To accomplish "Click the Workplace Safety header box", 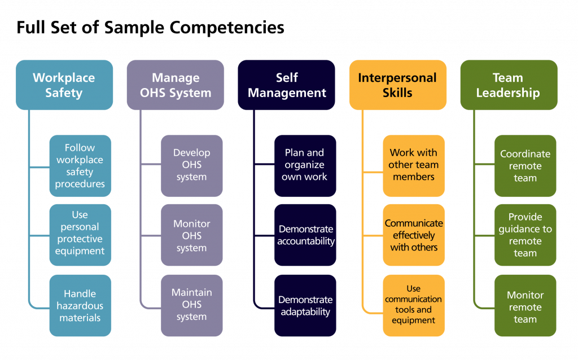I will [x=64, y=85].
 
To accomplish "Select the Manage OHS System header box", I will [x=175, y=85].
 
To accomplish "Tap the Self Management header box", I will [x=287, y=85].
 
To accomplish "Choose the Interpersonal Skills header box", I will [x=397, y=85].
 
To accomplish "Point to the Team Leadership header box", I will [x=508, y=85].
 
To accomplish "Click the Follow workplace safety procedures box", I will [x=80, y=166].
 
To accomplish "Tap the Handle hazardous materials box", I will [x=80, y=306].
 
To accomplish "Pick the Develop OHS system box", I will [x=191, y=166].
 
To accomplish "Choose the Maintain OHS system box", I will [x=191, y=306].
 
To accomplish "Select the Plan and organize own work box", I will [x=305, y=166].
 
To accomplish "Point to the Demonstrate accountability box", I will [x=305, y=235].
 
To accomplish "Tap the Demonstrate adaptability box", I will [x=305, y=306].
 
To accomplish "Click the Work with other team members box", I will [x=414, y=166].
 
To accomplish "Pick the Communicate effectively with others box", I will [x=414, y=235].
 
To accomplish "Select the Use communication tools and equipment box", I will [x=414, y=306].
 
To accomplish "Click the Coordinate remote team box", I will [x=525, y=166].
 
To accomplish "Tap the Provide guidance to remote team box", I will [x=525, y=235].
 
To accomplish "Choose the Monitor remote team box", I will [x=525, y=306].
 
